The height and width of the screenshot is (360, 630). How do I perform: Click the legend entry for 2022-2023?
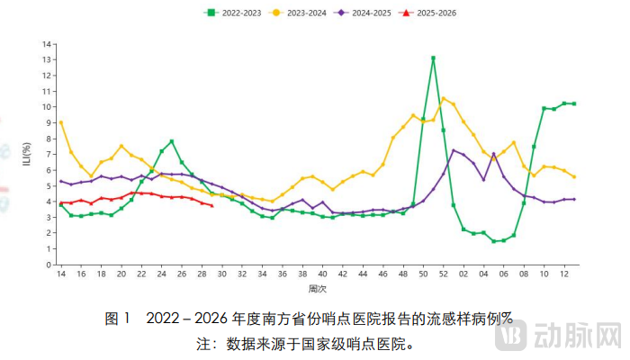click(x=236, y=13)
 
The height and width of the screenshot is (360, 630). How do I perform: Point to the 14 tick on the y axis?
click(x=46, y=43)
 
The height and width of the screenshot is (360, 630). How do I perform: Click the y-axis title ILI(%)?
click(x=26, y=154)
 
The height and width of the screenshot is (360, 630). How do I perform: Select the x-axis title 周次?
click(x=317, y=289)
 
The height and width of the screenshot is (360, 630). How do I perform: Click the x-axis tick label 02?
click(x=463, y=274)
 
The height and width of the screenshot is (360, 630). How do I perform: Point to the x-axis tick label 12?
click(x=564, y=274)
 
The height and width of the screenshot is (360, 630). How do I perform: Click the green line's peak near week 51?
click(x=433, y=58)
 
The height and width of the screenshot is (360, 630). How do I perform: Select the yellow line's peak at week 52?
click(x=443, y=98)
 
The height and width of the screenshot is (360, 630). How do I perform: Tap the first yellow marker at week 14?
click(x=61, y=122)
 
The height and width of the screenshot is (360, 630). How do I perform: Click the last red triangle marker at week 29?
click(x=211, y=206)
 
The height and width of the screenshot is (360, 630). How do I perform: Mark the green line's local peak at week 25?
click(x=171, y=141)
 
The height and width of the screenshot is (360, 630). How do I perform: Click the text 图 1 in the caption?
click(x=118, y=319)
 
